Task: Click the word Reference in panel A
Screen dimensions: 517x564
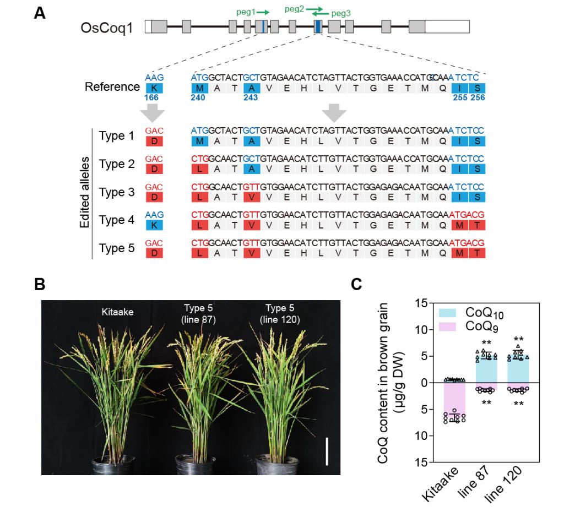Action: pos(112,87)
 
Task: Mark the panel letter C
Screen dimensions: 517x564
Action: pos(356,285)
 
